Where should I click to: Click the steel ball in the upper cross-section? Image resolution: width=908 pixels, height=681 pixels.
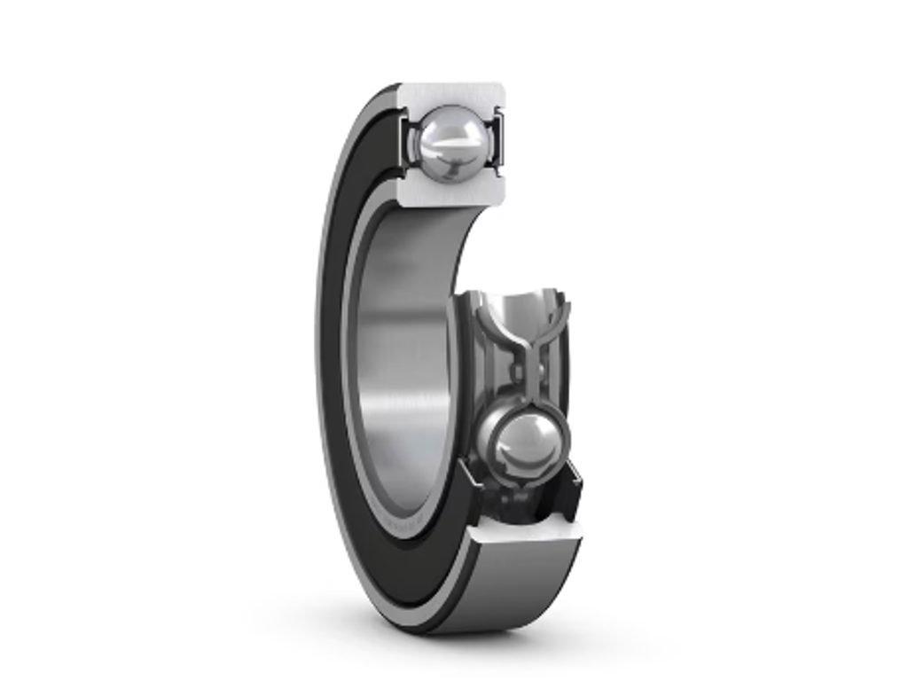pyautogui.click(x=452, y=143)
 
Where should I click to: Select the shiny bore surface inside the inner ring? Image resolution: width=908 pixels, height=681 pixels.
pyautogui.click(x=399, y=355)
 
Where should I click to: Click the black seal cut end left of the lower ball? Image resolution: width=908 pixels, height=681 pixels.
pyautogui.click(x=470, y=497)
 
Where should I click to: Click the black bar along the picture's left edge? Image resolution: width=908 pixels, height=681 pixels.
pyautogui.click(x=103, y=340)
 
